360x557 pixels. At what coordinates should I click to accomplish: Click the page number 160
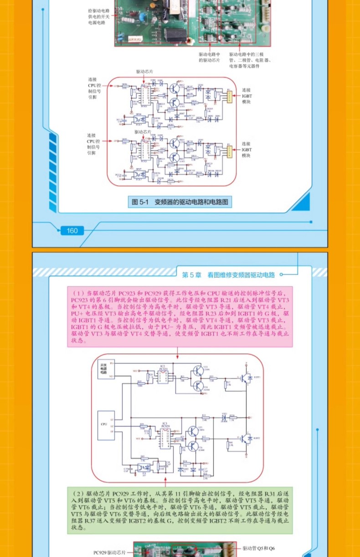coord(72,231)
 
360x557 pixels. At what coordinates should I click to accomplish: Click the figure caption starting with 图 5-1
coord(180,202)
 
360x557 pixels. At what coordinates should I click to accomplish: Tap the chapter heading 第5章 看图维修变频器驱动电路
coord(228,275)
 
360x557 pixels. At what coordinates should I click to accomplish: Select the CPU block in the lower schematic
coord(105,425)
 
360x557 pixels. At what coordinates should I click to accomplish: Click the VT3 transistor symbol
coord(198,371)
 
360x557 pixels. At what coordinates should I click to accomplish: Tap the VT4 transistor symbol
coord(198,386)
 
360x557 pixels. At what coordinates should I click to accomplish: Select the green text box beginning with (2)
coord(180,511)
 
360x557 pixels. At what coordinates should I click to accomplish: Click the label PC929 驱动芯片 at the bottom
coord(109,552)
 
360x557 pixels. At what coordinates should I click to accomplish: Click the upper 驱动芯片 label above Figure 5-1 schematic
coord(144,72)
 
